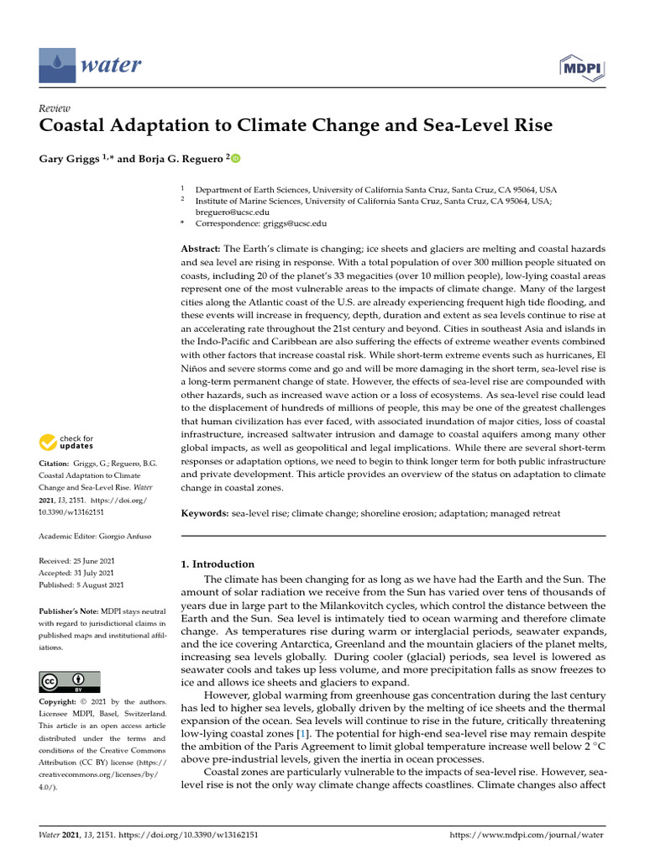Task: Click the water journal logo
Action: (91, 65)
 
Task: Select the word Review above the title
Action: (55, 107)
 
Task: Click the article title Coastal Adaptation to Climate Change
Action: (296, 126)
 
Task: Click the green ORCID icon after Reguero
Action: (234, 158)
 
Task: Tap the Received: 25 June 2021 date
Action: (81, 560)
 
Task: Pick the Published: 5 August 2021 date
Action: (82, 585)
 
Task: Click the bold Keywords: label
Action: (205, 512)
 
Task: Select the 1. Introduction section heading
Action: (218, 564)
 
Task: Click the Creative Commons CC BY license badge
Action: (70, 681)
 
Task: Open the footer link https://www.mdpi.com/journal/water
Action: (528, 836)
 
